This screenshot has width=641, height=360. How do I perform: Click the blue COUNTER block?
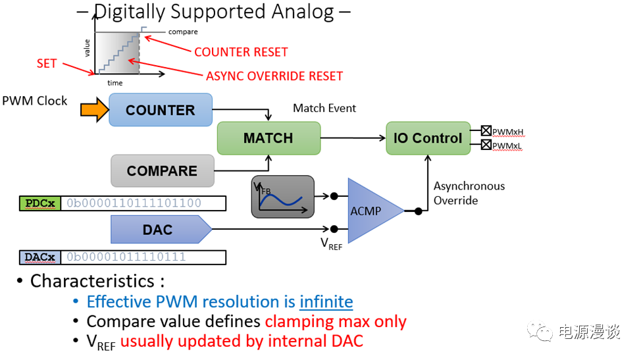pos(160,110)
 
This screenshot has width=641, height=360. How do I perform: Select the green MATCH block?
pos(268,138)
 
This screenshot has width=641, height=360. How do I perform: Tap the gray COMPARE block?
pos(162,171)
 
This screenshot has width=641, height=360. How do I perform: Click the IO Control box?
pos(428,138)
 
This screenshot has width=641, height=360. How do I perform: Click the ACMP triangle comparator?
pos(372,211)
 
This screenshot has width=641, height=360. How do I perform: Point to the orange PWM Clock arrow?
pos(93,110)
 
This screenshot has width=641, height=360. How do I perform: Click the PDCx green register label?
pos(40,203)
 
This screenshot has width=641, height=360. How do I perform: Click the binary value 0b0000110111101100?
pos(134,203)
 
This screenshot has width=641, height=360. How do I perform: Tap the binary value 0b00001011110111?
pos(126,257)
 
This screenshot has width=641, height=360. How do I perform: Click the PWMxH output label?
pos(507,132)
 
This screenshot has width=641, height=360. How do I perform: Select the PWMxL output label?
pos(507,145)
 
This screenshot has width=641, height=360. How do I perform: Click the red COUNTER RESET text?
pos(241,52)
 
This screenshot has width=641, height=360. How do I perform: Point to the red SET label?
pos(47,64)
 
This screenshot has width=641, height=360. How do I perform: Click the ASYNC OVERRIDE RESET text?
pos(274,76)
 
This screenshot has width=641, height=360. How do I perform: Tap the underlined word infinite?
pos(326,302)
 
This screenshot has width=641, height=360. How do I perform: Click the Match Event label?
pos(324,108)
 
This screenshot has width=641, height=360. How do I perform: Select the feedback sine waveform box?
pos(282,196)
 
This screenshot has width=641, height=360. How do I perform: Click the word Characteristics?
pos(91,281)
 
